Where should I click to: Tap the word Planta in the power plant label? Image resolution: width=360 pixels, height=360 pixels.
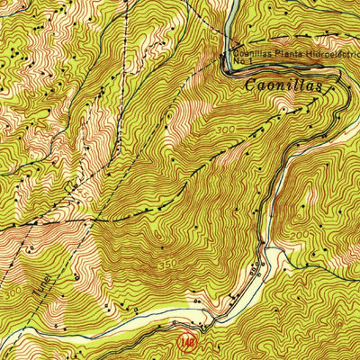pyautogui.click(x=279, y=55)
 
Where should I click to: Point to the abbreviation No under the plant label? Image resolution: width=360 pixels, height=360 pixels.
pyautogui.click(x=238, y=64)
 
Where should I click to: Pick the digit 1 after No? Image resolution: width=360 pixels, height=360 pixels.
pyautogui.click(x=247, y=64)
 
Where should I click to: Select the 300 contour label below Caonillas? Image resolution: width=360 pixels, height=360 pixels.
pyautogui.click(x=226, y=130)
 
